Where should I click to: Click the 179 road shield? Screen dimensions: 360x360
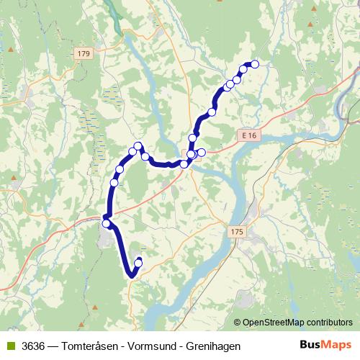pos(84,54)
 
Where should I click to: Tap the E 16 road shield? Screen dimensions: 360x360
pos(250,135)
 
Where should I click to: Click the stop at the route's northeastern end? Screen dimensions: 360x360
pos(254,64)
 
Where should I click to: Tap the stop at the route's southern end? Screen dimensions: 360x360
pos(139,261)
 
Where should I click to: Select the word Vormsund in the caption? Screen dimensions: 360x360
pos(150,346)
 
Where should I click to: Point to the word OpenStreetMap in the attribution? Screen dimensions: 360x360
pos(276,323)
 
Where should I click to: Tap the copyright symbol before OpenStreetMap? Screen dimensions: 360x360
pos(238,323)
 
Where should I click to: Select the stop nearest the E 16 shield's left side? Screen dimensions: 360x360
pos(202,151)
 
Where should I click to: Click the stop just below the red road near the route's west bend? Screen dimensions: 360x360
pos(107,224)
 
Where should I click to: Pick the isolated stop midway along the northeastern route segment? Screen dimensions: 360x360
pos(212,112)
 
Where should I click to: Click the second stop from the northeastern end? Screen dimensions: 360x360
pos(243,70)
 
